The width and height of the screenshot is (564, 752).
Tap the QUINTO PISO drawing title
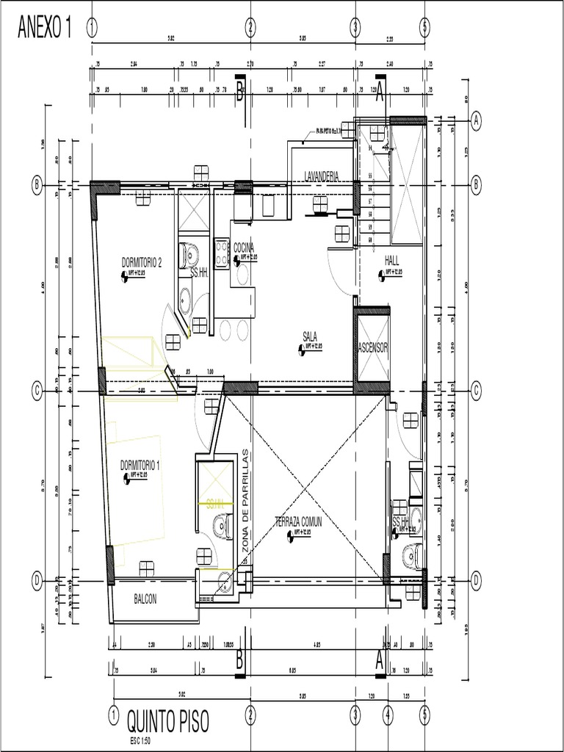tap(178, 721)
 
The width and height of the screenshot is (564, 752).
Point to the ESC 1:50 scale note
tap(141, 740)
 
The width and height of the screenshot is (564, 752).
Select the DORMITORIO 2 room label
tap(141, 262)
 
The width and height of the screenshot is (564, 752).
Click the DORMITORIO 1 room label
tap(140, 465)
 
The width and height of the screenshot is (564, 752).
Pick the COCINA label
tap(244, 248)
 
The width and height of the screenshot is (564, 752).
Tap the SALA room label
tap(309, 336)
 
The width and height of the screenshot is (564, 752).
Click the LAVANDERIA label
tap(321, 176)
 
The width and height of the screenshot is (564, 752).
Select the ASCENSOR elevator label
tap(372, 347)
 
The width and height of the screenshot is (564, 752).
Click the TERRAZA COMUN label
tap(299, 521)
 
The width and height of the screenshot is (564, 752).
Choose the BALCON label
tap(145, 599)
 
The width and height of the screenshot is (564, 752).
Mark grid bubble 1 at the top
tap(92, 28)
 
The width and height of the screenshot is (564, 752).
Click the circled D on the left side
tap(37, 580)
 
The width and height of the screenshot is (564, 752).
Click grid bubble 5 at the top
tap(424, 28)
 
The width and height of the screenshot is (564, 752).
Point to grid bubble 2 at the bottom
tap(250, 713)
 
